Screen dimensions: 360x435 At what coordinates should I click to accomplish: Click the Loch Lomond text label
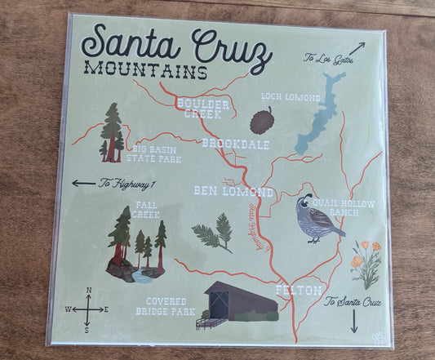tap(290, 96)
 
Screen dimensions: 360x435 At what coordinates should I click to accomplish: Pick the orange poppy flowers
tap(364, 258)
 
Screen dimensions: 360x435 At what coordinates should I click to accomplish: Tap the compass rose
tap(87, 309)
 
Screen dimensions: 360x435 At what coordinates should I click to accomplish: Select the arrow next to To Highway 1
tap(83, 183)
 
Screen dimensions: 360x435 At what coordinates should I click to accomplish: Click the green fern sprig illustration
tap(214, 233)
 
